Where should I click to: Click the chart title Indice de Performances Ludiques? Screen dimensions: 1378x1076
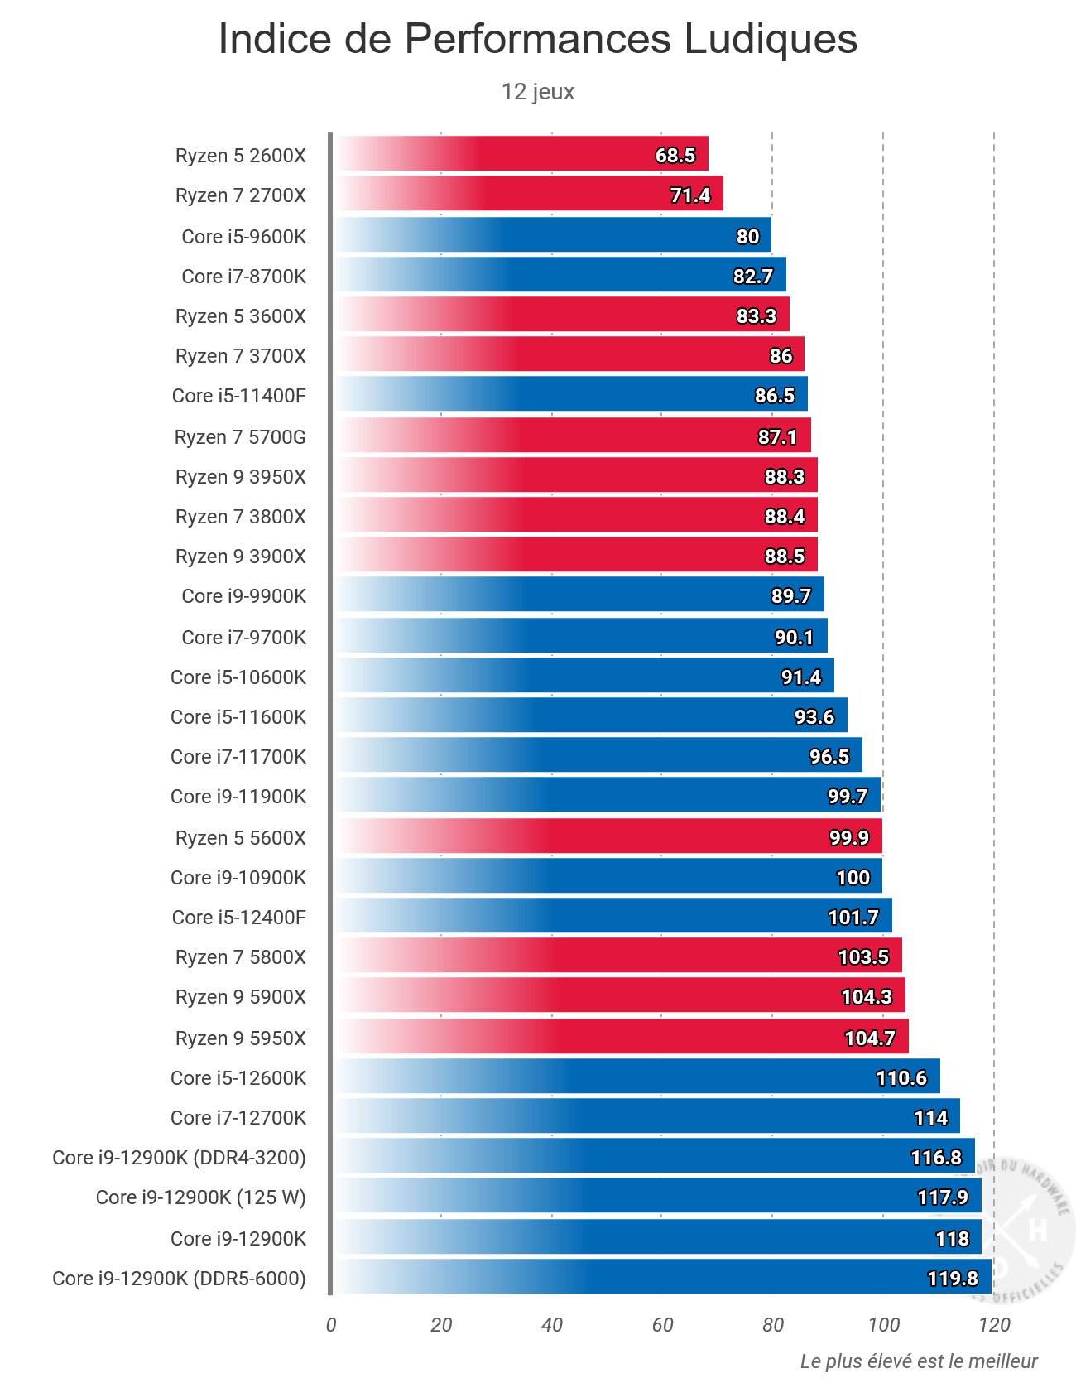tap(538, 39)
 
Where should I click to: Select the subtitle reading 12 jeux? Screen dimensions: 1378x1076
tap(538, 91)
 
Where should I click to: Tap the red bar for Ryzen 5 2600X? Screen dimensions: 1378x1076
tap(521, 154)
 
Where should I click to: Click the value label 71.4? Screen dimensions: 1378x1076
tap(690, 195)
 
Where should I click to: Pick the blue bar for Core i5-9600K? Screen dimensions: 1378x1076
tap(553, 235)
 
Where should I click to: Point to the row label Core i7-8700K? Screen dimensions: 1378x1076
tap(243, 277)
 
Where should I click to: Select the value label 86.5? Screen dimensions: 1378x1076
tap(775, 396)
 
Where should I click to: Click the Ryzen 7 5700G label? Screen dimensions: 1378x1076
tap(240, 437)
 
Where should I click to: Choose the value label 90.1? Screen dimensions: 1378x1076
tap(795, 638)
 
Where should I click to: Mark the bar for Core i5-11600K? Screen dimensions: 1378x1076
tap(591, 715)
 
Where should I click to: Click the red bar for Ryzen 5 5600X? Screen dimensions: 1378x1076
tap(608, 836)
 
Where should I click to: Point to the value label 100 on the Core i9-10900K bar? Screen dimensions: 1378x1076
tap(853, 878)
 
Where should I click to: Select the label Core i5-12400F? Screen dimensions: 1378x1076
tap(238, 918)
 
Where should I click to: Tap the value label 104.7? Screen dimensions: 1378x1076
tap(870, 1038)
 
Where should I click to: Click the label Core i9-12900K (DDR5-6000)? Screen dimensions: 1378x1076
tap(179, 1279)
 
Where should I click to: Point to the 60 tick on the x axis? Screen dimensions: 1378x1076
tap(662, 1325)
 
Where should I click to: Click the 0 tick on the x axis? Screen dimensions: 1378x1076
tap(331, 1325)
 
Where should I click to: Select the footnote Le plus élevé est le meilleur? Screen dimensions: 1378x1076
tap(919, 1361)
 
